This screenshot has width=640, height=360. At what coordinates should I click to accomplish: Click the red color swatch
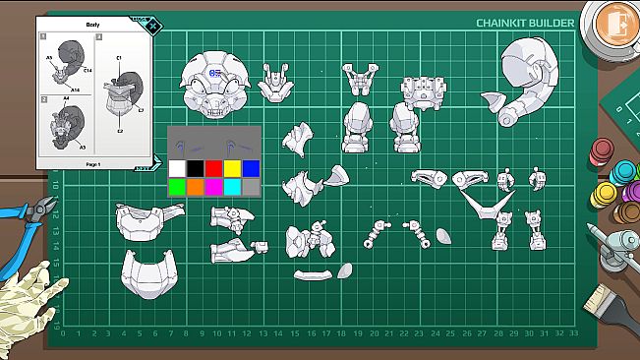pyautogui.click(x=213, y=168)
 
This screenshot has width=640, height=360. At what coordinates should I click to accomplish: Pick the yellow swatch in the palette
pyautogui.click(x=232, y=168)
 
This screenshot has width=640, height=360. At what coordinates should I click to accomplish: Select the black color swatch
pyautogui.click(x=196, y=168)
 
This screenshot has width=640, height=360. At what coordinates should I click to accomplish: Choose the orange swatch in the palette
pyautogui.click(x=196, y=186)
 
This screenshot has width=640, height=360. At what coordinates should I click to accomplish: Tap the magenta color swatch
pyautogui.click(x=213, y=186)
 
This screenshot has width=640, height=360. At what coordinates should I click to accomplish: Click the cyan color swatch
pyautogui.click(x=232, y=186)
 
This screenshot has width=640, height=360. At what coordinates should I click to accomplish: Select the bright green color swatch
pyautogui.click(x=177, y=186)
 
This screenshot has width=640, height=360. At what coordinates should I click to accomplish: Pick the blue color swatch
pyautogui.click(x=251, y=168)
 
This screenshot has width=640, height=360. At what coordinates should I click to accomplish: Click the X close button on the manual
pyautogui.click(x=152, y=26)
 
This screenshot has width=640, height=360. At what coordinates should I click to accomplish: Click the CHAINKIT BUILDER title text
pyautogui.click(x=519, y=23)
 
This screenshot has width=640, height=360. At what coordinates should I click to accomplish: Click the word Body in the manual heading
pyautogui.click(x=93, y=24)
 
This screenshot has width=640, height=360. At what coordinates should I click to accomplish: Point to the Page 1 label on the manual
pyautogui.click(x=93, y=163)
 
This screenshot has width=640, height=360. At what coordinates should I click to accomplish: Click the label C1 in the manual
pyautogui.click(x=119, y=58)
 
